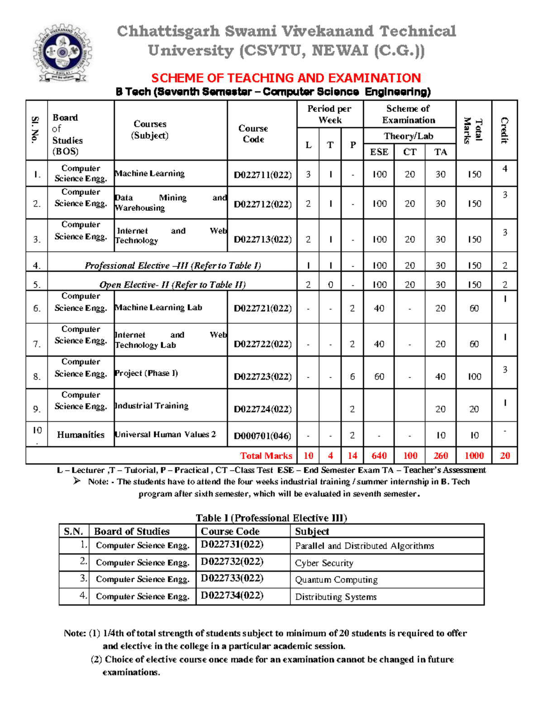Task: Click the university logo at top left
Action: click(x=62, y=53)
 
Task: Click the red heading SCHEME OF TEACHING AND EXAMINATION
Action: click(x=286, y=78)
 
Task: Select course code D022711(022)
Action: click(x=262, y=175)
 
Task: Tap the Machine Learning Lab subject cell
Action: click(x=158, y=307)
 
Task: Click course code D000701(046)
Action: click(x=262, y=436)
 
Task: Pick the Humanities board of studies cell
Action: click(x=81, y=435)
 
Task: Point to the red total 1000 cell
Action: click(x=474, y=456)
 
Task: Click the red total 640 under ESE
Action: click(x=379, y=456)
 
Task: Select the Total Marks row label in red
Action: click(x=266, y=456)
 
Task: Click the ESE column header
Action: click(x=379, y=152)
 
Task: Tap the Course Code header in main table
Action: click(x=253, y=134)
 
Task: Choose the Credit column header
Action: click(x=504, y=130)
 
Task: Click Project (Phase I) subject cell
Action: click(x=147, y=373)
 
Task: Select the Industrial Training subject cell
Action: click(x=152, y=405)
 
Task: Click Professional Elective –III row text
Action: click(x=172, y=265)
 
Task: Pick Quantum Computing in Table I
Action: click(x=336, y=580)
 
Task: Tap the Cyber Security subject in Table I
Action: click(x=324, y=563)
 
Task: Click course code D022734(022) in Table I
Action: click(x=232, y=595)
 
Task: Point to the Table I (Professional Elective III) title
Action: click(x=271, y=518)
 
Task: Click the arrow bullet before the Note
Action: click(x=77, y=481)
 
